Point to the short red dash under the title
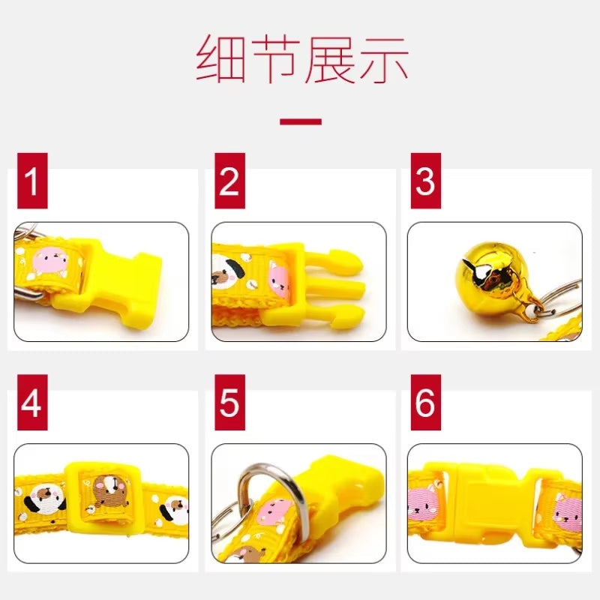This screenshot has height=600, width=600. pos(300,121)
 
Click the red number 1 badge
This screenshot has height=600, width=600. pos(31,181)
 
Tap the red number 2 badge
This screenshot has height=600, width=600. pos(229,181)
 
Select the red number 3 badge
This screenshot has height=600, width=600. pos(425,181)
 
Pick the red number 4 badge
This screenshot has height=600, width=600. pos(31,403)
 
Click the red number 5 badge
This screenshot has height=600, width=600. pos(229,403)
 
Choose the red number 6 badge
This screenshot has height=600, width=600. pos(425,403)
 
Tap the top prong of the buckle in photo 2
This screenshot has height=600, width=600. pos(337,259)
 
